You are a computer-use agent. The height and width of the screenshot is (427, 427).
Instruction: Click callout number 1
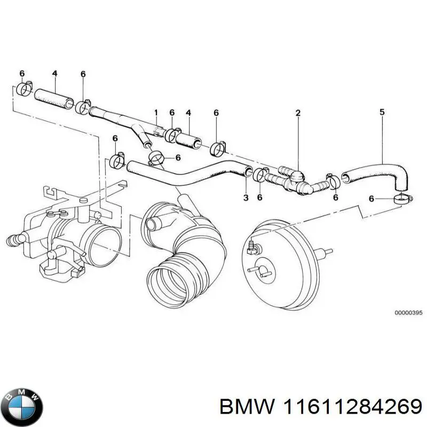pos(156,113)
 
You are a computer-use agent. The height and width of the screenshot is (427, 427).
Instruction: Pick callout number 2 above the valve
pos(298,113)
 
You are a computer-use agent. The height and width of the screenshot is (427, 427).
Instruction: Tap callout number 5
pos(382,112)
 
